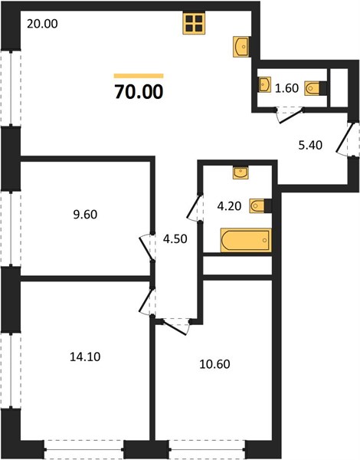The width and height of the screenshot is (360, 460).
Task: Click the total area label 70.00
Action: pyautogui.click(x=139, y=92)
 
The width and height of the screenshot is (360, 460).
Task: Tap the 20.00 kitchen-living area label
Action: pyautogui.click(x=42, y=24)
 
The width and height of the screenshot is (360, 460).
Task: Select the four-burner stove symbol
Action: pyautogui.click(x=194, y=23)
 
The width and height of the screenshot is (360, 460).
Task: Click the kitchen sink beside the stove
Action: pyautogui.click(x=241, y=46)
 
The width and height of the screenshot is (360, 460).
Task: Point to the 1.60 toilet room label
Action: pyautogui.click(x=286, y=88)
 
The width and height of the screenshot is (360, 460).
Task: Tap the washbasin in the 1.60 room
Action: pyautogui.click(x=265, y=84)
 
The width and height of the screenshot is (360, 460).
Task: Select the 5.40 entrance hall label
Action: pyautogui.click(x=310, y=145)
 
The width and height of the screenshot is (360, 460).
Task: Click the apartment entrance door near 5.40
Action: pyautogui.click(x=343, y=139)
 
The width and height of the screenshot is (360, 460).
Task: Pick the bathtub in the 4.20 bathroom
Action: pyautogui.click(x=246, y=240)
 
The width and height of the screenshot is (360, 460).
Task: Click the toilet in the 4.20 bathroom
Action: pyautogui.click(x=260, y=205)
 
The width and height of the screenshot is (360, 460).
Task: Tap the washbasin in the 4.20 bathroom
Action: pyautogui.click(x=241, y=172)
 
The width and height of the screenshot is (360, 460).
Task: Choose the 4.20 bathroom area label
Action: pyautogui.click(x=229, y=206)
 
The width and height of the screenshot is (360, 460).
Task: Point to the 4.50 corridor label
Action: pyautogui.click(x=175, y=239)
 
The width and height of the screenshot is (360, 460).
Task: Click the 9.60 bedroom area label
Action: pyautogui.click(x=85, y=215)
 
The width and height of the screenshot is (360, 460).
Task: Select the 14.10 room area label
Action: pyautogui.click(x=85, y=356)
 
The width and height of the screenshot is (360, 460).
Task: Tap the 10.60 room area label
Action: pyautogui.click(x=214, y=364)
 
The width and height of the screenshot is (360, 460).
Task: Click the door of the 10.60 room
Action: pyautogui.click(x=175, y=328)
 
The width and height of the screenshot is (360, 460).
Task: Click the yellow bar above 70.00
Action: pyautogui.click(x=139, y=76)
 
